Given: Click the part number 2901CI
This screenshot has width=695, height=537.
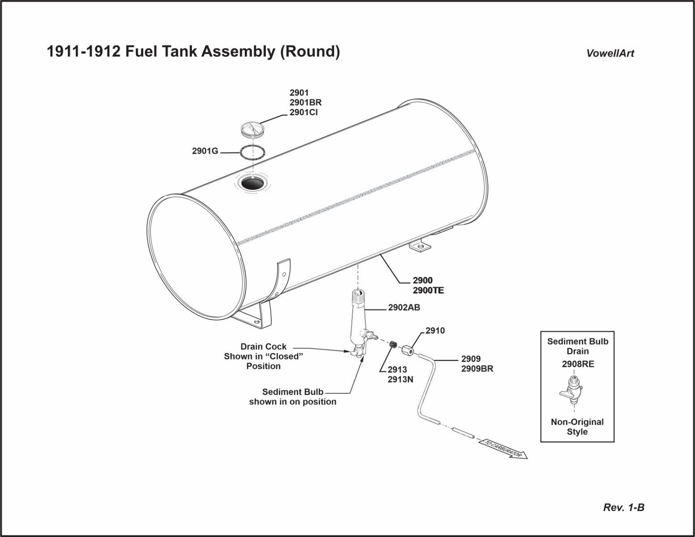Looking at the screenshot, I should tap(303, 112).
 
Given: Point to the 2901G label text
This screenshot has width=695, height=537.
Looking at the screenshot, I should tap(205, 151).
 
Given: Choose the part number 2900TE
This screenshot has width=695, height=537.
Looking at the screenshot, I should tap(428, 290).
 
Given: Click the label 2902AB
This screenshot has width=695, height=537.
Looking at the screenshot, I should tap(404, 307).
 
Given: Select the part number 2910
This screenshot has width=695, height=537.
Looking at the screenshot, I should tap(435, 331).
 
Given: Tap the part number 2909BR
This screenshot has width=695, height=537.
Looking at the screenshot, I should tap(477, 369).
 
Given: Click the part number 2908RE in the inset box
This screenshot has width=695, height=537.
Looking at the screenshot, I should tap(578, 364).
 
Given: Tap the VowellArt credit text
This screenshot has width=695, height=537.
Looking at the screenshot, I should tap(610, 53).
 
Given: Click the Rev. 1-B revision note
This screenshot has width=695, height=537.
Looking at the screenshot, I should tap(624, 507).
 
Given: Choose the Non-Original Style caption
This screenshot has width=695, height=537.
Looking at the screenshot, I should tap(577, 427).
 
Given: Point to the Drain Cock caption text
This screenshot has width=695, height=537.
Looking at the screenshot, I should tap(263, 347).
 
